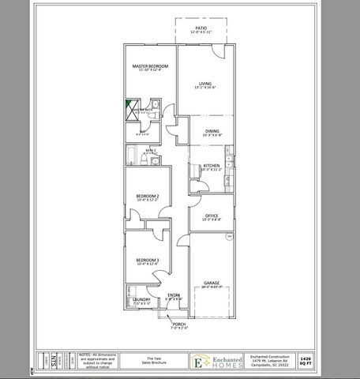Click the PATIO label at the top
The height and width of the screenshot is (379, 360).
[201, 28]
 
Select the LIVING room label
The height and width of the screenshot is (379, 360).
[204, 83]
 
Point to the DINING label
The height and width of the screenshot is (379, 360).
[212, 131]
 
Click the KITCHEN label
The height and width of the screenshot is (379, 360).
[210, 165]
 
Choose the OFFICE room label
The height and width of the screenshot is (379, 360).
[211, 216]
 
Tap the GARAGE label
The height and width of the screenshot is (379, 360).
[211, 283]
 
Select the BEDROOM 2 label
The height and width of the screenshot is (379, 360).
[148, 196]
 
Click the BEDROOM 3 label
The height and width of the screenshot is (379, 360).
[148, 261]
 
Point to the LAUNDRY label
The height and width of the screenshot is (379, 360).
[141, 299]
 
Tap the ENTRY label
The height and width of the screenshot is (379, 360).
[173, 296]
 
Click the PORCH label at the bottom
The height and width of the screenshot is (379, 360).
[178, 324]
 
